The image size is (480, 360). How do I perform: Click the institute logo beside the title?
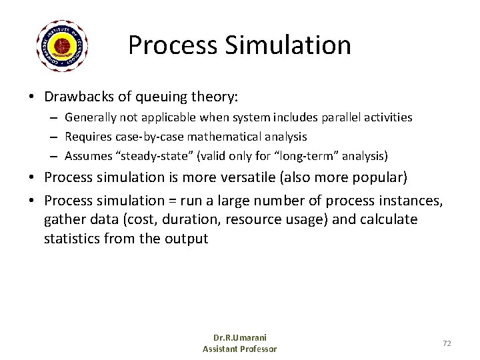tap(62, 46)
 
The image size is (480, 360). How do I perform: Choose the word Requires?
tap(87, 137)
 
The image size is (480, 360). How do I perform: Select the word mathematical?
tap(223, 137)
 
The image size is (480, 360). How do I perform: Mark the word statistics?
tap(71, 238)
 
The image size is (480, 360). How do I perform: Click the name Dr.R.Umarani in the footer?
tap(240, 338)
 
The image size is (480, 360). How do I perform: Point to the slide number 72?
tap(447, 343)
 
